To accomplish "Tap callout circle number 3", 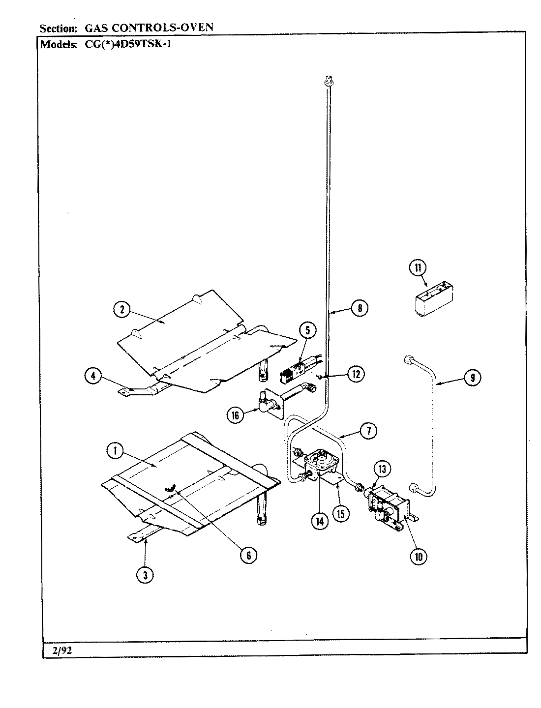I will tap(145, 575).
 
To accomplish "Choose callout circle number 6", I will tap(248, 555).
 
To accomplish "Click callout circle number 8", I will tap(360, 308).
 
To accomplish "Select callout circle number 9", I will tap(472, 378).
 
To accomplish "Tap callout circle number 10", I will tap(419, 556).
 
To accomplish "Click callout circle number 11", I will tap(418, 268).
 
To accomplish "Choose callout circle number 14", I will tap(320, 522).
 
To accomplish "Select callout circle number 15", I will tap(340, 513).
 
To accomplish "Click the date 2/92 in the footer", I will tap(62, 650).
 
